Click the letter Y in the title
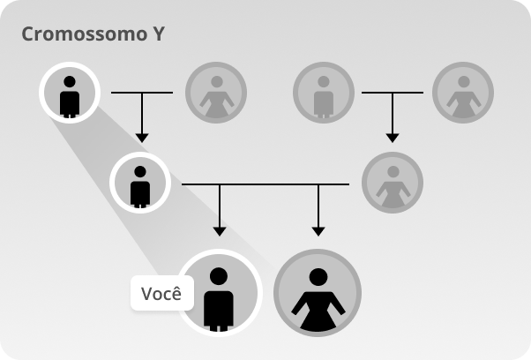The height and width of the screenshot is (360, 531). tap(158, 34)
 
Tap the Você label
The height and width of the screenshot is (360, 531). tap(162, 293)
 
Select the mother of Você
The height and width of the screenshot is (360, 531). tap(393, 183)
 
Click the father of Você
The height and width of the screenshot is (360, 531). tap(140, 183)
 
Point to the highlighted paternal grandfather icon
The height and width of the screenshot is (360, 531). tap(70, 93)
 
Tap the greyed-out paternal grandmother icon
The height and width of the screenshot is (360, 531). tap(216, 93)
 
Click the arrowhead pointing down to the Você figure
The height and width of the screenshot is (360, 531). tap(220, 231)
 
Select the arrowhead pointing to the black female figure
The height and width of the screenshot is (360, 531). tap(318, 231)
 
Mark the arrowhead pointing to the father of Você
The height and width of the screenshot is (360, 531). tap(142, 139)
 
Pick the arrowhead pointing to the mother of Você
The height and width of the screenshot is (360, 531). tap(393, 139)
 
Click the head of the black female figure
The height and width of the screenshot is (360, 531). tap(318, 277)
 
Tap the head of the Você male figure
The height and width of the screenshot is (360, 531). tap(219, 276)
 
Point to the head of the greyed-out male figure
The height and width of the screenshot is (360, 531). tap(324, 82)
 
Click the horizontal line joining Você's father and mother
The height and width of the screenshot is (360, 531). tap(265, 184)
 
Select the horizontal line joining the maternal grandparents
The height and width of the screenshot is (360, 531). tap(393, 92)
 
